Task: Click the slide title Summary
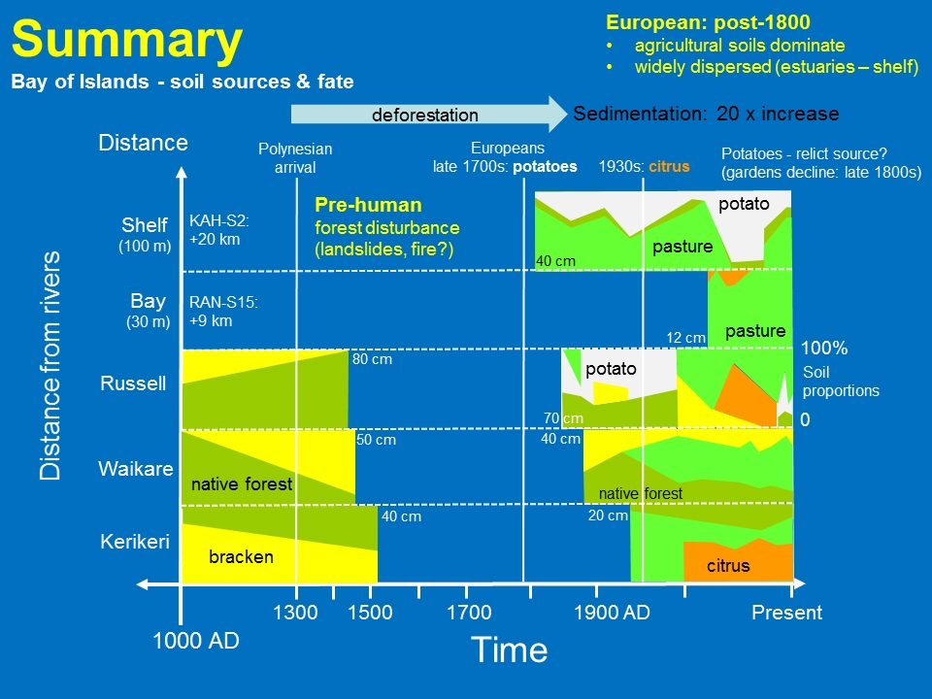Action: (x=126, y=41)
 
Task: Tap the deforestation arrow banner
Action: (x=425, y=115)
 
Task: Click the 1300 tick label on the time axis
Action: (x=295, y=613)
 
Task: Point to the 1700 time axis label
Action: (x=469, y=613)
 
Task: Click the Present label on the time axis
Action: (x=786, y=613)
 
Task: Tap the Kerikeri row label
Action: (x=136, y=542)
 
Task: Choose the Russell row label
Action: (x=133, y=383)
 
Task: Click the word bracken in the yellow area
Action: (x=241, y=557)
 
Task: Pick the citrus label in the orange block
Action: (x=727, y=565)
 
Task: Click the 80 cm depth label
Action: (x=372, y=359)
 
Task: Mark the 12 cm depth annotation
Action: (x=685, y=338)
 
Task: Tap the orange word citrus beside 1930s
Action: (x=669, y=166)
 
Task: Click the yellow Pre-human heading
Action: (x=368, y=205)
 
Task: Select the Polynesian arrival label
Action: (x=295, y=157)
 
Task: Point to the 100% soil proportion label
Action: (x=823, y=348)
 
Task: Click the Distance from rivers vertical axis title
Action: (x=50, y=365)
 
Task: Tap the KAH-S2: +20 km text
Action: (x=215, y=229)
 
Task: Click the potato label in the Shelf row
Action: (x=743, y=205)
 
